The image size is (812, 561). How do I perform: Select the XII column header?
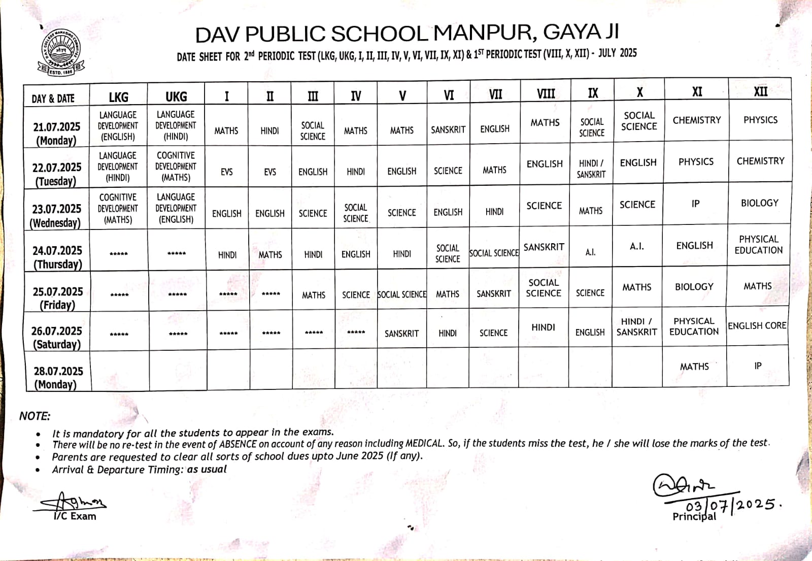point(760,91)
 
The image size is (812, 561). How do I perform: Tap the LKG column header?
point(118,97)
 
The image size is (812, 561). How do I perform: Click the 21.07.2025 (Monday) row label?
point(56,134)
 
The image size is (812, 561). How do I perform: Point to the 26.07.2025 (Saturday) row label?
point(57,338)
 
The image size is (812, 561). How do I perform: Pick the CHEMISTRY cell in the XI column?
point(696,120)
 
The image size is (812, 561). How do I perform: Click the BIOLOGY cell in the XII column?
point(759,203)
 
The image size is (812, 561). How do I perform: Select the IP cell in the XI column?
point(695,204)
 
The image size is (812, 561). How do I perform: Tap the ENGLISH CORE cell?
point(757,326)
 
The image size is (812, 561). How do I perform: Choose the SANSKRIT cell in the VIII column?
point(544,247)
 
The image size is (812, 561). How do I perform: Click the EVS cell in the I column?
point(226,172)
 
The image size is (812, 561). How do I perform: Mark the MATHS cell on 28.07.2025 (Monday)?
point(694,367)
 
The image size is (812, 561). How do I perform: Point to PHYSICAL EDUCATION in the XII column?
point(759,245)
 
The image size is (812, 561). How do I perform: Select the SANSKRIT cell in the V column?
point(401,334)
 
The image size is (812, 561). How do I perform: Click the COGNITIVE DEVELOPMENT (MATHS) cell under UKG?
point(176,167)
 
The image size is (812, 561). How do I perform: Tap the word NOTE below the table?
point(35,416)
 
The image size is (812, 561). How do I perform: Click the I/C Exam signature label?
point(75,516)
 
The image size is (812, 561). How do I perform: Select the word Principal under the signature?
point(694,517)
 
